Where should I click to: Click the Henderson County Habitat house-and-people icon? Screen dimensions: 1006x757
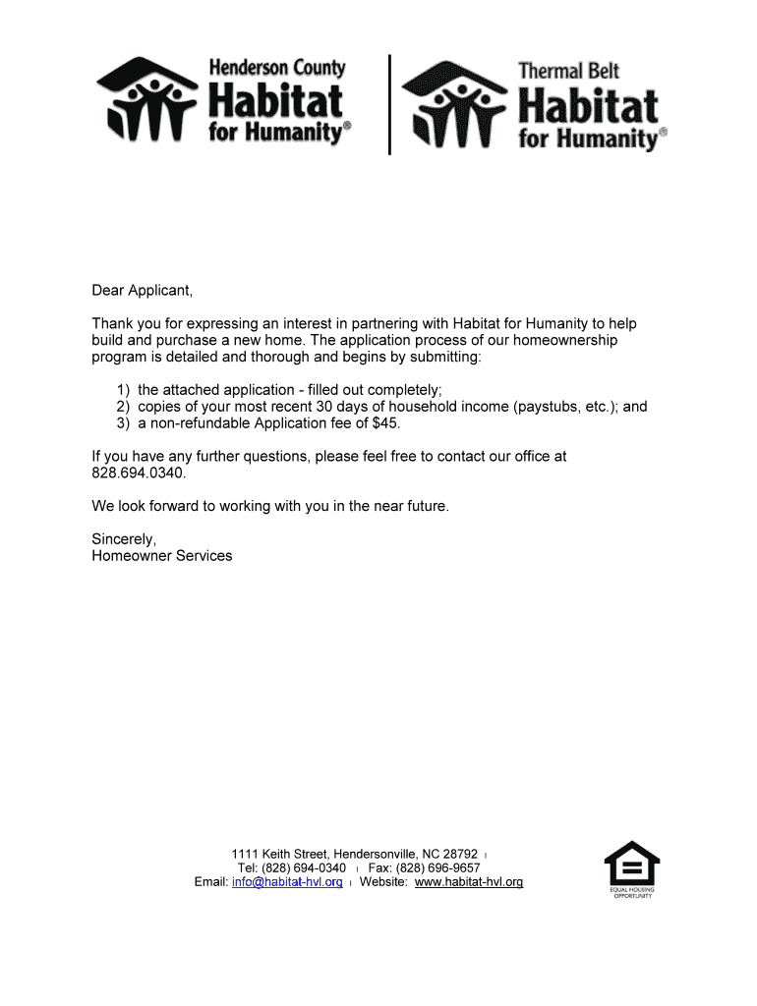click(x=148, y=99)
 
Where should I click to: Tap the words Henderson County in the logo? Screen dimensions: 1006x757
click(x=276, y=69)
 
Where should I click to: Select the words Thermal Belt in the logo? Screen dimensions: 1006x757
click(x=568, y=71)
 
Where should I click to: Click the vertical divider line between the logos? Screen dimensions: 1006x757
click(x=390, y=104)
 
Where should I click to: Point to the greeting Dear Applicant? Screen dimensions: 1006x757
click(x=143, y=291)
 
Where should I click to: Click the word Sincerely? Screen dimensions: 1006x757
click(x=124, y=538)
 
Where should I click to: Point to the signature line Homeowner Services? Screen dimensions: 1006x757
click(x=162, y=556)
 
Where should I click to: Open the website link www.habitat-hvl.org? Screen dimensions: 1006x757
click(x=469, y=882)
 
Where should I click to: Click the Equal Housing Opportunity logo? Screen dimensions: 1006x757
click(x=631, y=869)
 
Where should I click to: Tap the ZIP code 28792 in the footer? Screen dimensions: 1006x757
click(x=459, y=854)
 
